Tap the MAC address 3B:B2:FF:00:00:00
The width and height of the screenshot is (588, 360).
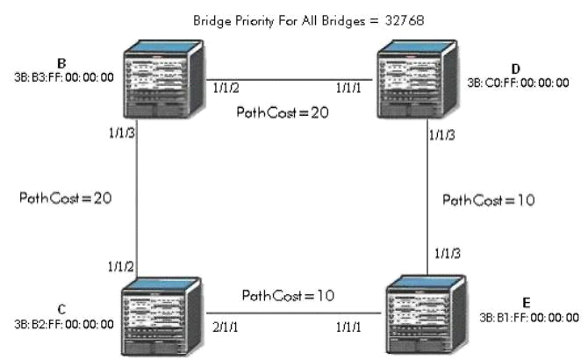(x=63, y=323)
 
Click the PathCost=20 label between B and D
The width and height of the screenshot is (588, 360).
(x=281, y=114)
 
